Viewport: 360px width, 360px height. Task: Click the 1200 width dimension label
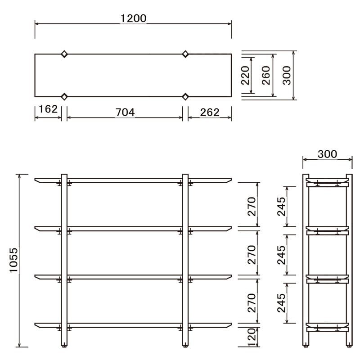pos(133,18)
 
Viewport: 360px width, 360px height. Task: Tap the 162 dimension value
pos(48,109)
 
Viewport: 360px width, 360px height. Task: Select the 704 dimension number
pos(125,112)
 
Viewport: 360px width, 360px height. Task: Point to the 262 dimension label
pos(210,112)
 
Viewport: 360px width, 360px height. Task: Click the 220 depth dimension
pos(245,75)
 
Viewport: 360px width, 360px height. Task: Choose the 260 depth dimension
pos(266,75)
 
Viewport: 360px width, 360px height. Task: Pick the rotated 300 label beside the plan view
pos(287,75)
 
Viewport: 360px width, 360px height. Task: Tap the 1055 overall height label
pos(14,260)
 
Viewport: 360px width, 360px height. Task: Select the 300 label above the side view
pos(328,154)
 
